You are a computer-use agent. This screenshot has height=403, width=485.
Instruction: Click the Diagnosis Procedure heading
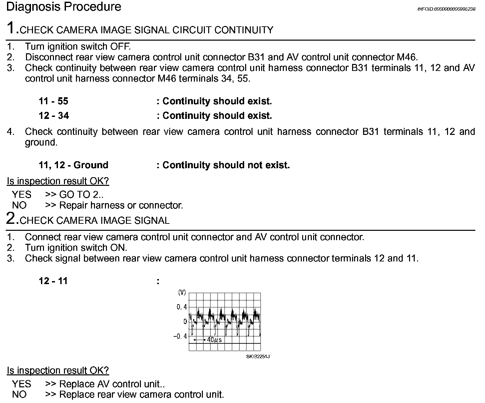point(64,7)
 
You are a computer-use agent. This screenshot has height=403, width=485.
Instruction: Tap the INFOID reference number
point(446,9)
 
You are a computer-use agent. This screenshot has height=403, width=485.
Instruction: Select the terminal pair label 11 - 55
point(53,101)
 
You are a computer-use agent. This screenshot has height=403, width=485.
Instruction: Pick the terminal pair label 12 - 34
point(54,116)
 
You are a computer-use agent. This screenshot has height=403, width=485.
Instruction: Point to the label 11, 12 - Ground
point(73,165)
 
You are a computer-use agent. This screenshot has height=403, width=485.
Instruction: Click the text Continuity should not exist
point(226,165)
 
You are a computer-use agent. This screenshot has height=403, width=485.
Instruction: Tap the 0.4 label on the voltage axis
point(182,307)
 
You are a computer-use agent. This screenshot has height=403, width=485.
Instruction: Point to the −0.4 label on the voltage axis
point(180,336)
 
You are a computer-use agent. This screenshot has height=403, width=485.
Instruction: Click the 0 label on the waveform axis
point(185,322)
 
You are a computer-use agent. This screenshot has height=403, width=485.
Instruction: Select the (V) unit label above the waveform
point(182,292)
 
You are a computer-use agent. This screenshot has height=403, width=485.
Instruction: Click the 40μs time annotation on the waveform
point(214,340)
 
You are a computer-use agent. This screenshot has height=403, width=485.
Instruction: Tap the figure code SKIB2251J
point(258,357)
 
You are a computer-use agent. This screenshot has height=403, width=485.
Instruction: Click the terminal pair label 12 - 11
point(53,281)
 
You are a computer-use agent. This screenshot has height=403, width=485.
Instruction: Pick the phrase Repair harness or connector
point(121,205)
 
